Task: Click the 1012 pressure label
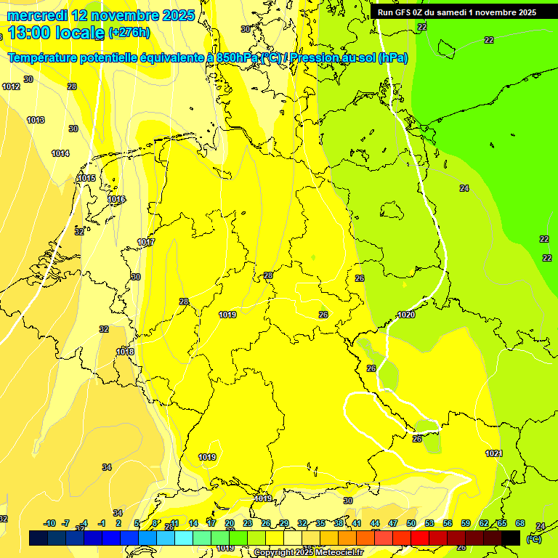coord(11,87)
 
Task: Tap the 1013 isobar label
coord(36,121)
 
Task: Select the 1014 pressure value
coord(60,154)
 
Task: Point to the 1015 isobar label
coord(86,179)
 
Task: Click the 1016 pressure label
coord(116,200)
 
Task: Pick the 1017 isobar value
coord(146,243)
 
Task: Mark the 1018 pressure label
coord(125,352)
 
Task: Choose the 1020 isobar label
coord(406,315)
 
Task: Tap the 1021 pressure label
coord(494,454)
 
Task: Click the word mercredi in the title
coord(39,15)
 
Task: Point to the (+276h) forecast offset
coord(129,33)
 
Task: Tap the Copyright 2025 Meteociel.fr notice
coord(308,553)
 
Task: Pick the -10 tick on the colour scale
coord(49,523)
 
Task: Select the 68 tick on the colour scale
coord(519,523)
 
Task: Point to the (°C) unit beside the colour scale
coord(533,539)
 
